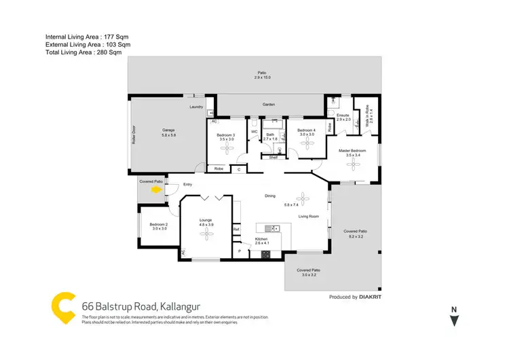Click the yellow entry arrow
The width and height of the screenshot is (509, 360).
point(157,191)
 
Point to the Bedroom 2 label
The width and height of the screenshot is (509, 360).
point(159,226)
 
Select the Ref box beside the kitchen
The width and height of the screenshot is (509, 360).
point(236,230)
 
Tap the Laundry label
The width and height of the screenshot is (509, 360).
point(197,107)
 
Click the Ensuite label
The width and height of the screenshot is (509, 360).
point(343,115)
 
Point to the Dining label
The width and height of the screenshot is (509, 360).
point(270,196)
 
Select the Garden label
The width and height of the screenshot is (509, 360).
point(269,105)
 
